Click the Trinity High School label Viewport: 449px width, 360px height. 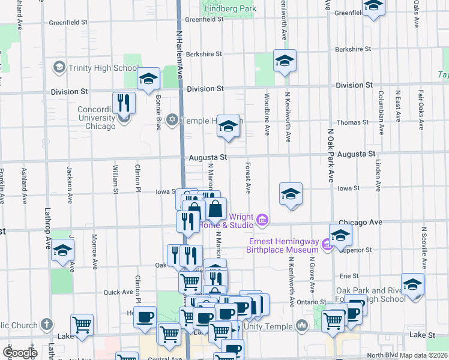coord(104,68)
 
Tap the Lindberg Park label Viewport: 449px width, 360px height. coord(231,8)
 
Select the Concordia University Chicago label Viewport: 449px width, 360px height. coord(96,118)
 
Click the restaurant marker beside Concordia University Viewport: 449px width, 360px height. coord(124,103)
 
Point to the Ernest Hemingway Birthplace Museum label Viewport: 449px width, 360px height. coord(284,245)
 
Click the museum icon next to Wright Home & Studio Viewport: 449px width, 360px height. coord(262,221)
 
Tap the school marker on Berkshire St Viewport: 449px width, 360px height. coord(285,61)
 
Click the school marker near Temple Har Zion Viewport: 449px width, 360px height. coord(228,126)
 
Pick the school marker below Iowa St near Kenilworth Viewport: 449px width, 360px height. coord(291,194)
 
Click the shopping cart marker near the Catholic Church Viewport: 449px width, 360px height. coord(82,325)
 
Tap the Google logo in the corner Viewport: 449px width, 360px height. coord(20,352)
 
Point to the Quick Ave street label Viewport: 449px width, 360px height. coord(118,292)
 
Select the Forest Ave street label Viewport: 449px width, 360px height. coord(247,179)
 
